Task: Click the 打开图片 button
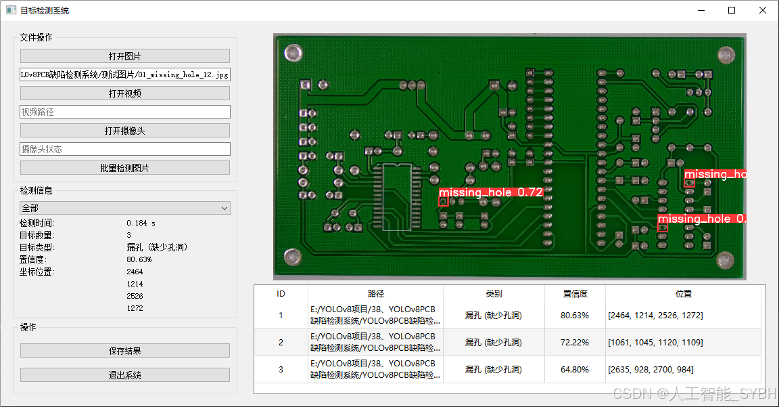point(124,56)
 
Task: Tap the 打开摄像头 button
point(124,131)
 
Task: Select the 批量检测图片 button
point(124,168)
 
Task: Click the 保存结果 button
point(124,351)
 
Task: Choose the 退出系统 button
point(124,375)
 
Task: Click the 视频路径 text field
point(124,112)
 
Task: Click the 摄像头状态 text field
point(124,149)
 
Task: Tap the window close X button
point(762,11)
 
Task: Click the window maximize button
point(732,11)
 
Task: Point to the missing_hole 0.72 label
point(491,192)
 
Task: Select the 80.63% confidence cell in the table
point(575,316)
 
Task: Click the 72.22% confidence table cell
point(575,343)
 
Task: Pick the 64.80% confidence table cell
point(575,370)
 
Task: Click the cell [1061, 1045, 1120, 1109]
point(655,343)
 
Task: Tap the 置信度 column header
point(575,294)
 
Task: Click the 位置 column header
point(684,294)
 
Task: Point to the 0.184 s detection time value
point(141,223)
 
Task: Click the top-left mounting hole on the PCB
point(293,52)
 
